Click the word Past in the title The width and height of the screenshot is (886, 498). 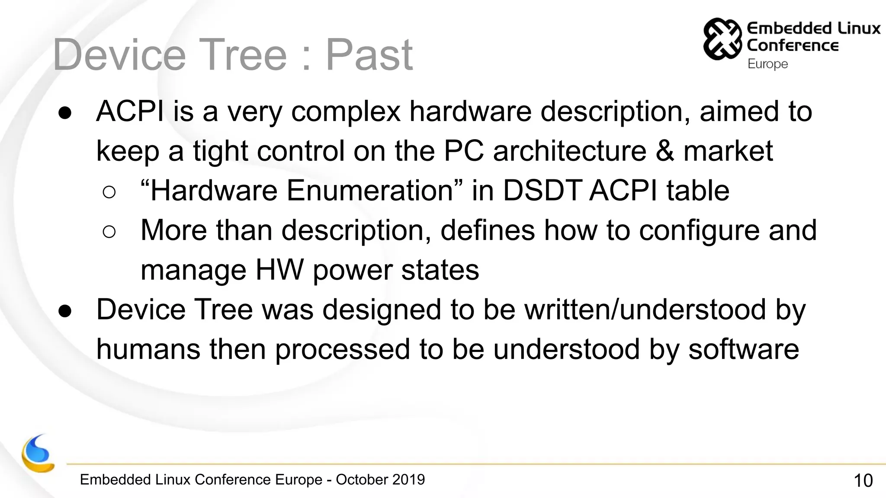click(369, 55)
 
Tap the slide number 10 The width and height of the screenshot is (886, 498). click(863, 481)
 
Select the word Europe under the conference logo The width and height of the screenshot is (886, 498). click(767, 64)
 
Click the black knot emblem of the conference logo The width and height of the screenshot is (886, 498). click(722, 38)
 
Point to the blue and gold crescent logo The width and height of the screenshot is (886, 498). click(38, 454)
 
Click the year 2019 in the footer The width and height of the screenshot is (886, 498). click(408, 479)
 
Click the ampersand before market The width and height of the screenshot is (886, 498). click(664, 151)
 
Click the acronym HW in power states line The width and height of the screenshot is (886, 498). click(279, 270)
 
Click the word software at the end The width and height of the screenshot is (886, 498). click(743, 349)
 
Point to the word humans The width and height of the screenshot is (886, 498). click(148, 349)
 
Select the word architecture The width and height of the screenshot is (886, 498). click(569, 151)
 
